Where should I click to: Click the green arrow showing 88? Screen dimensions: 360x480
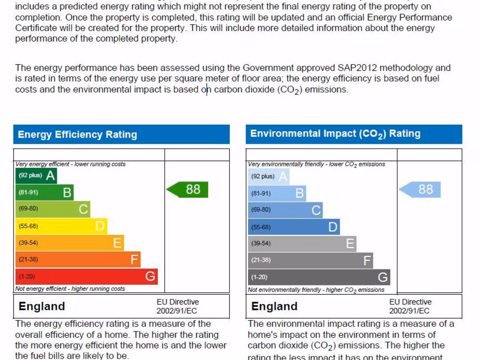[x=187, y=189]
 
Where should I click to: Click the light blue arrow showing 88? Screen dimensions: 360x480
[x=420, y=189]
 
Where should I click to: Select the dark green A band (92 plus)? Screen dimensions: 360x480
[x=36, y=176]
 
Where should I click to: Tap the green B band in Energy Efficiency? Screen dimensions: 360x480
[x=45, y=192]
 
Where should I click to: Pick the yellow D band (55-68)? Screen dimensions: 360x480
[x=61, y=226]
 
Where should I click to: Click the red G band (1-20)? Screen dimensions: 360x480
[x=86, y=277]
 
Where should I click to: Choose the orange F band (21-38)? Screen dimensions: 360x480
[x=78, y=259]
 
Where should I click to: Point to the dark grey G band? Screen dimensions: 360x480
[x=319, y=277]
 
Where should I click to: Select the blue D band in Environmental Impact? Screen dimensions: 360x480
[x=293, y=227]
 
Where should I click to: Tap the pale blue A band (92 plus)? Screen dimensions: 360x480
[x=269, y=177]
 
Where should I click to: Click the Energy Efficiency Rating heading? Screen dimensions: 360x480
[x=77, y=135]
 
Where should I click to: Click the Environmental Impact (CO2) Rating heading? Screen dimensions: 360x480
[x=335, y=134]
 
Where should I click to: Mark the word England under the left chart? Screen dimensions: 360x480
[x=42, y=307]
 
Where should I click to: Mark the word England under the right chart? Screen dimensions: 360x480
[x=274, y=307]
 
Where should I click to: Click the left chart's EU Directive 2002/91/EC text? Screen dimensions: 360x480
[x=178, y=306]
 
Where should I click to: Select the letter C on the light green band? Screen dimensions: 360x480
[x=83, y=209]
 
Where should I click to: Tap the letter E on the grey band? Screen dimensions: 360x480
[x=350, y=244]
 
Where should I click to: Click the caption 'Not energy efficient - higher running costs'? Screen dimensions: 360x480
[x=70, y=289]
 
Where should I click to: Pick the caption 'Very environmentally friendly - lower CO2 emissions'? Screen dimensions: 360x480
[x=316, y=165]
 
